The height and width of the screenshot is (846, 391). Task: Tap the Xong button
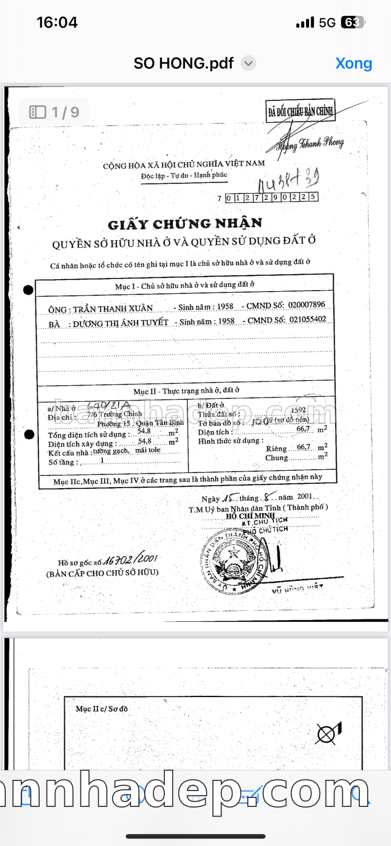click(x=353, y=63)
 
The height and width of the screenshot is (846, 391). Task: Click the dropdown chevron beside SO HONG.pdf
click(x=248, y=63)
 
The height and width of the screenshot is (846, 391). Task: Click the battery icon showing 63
click(x=352, y=22)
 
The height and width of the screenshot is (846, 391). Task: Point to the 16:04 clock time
click(x=57, y=22)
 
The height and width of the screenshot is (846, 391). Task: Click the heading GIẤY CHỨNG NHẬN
click(x=185, y=224)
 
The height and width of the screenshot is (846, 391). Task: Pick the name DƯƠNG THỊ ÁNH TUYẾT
click(x=120, y=323)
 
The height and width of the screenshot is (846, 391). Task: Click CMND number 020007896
click(x=306, y=305)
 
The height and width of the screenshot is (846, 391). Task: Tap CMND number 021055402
click(x=308, y=319)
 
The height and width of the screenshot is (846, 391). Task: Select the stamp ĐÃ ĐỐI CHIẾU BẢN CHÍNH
click(x=300, y=111)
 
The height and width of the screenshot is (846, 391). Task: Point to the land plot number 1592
click(x=298, y=410)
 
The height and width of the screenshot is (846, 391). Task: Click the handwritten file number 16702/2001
click(x=130, y=560)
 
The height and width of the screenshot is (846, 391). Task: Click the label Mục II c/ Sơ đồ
click(x=101, y=709)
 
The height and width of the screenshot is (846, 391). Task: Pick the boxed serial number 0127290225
click(x=271, y=197)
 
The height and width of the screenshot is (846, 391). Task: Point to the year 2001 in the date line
click(x=305, y=497)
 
